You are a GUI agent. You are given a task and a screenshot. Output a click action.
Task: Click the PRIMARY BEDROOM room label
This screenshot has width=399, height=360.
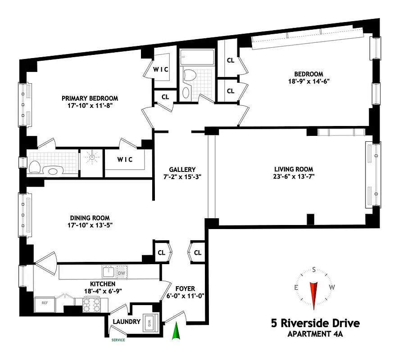point(90,99)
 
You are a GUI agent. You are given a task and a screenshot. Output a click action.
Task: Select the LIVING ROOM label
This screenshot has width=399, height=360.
point(294,169)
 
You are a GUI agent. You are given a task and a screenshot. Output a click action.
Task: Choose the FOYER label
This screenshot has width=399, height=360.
point(185,288)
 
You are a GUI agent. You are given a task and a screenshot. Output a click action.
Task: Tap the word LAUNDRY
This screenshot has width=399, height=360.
point(127,322)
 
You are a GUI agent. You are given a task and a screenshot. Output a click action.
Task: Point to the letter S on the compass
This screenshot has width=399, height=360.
point(314,270)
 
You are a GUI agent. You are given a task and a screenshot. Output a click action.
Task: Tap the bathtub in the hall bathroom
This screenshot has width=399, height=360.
point(198,58)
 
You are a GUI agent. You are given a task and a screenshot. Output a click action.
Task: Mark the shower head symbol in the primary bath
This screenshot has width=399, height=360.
point(92,158)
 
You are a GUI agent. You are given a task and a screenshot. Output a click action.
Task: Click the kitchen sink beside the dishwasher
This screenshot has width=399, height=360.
point(109,272)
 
